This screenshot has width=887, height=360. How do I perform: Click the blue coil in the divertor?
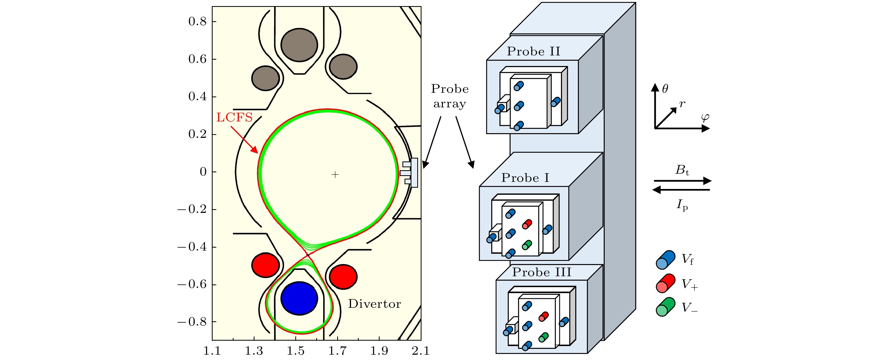(x=299, y=298)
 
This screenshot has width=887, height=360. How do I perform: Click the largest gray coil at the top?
(x=299, y=45)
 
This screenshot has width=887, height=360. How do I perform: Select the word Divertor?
(x=374, y=304)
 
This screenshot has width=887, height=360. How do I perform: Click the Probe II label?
(x=533, y=51)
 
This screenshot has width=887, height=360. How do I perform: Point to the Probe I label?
(x=525, y=178)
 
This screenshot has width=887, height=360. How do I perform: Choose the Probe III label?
(x=542, y=272)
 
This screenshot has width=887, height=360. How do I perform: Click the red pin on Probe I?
(x=527, y=224)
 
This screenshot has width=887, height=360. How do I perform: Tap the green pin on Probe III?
(x=543, y=337)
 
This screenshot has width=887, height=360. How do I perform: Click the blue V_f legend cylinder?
(x=665, y=260)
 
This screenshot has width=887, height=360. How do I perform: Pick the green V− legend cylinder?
(x=665, y=307)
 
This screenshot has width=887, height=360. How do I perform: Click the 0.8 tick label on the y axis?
(x=197, y=21)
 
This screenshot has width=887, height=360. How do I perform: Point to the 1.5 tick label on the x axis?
(x=295, y=351)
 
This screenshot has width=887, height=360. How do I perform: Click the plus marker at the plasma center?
(x=335, y=175)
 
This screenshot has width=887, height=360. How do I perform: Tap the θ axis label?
(x=665, y=89)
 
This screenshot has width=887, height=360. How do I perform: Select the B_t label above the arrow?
(x=682, y=170)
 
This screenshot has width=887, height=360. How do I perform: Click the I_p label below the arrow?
(x=682, y=205)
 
